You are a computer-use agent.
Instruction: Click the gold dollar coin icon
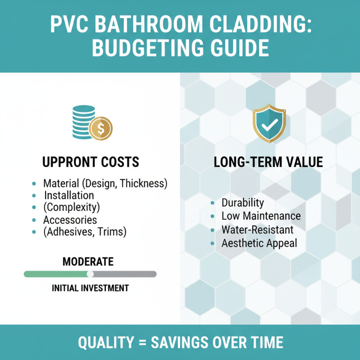click(x=100, y=129)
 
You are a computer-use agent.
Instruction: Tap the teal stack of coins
click(x=84, y=121)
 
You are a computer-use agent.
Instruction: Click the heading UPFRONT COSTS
click(x=90, y=162)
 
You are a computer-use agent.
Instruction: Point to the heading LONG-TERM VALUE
click(x=269, y=162)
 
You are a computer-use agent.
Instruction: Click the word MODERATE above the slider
click(x=88, y=262)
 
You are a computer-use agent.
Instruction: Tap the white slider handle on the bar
click(x=90, y=274)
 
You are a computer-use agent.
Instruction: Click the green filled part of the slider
click(x=56, y=274)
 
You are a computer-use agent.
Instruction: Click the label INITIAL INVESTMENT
click(x=90, y=288)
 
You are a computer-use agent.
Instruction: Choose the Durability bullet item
click(x=243, y=203)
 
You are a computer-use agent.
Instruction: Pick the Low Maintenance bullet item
click(x=261, y=216)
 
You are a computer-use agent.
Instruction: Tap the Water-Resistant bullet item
click(x=257, y=230)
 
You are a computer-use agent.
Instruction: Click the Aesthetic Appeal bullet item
click(x=259, y=243)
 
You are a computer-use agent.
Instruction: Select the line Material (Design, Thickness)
click(x=105, y=184)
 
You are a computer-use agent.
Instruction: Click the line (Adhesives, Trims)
click(x=85, y=232)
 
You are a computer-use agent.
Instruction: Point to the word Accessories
click(x=70, y=220)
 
